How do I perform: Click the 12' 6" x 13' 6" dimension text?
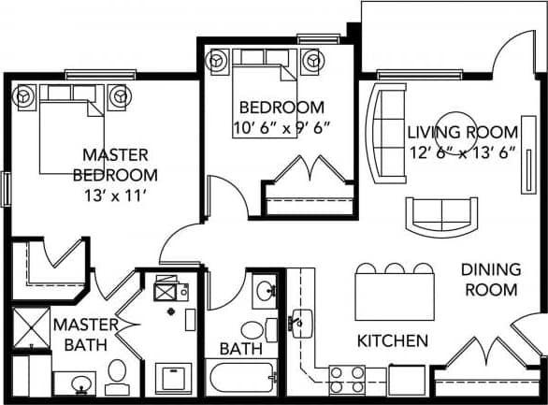(x=462, y=154)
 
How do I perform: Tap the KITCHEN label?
(x=393, y=340)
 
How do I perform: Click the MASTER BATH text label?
(x=84, y=334)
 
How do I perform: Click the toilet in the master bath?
(x=118, y=375)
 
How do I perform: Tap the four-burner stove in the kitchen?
(x=346, y=379)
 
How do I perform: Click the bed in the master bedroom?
(x=71, y=131)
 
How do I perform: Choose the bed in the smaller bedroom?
(x=263, y=89)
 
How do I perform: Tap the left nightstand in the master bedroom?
(x=25, y=94)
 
